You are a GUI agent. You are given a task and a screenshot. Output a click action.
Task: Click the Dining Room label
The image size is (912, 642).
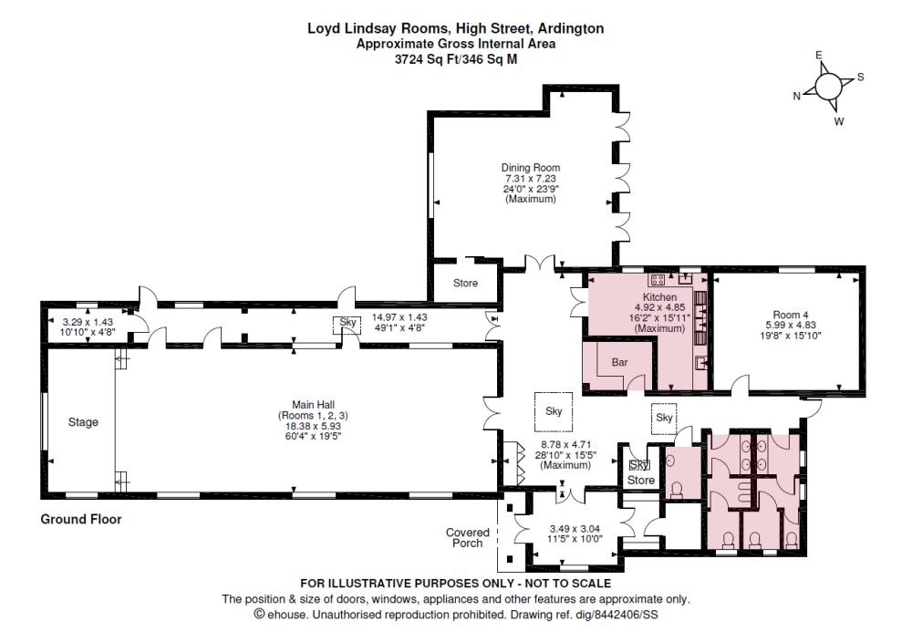[530, 168]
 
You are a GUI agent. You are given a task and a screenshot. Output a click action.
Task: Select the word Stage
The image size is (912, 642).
[83, 422]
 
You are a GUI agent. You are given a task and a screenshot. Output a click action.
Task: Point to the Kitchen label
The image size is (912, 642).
[659, 298]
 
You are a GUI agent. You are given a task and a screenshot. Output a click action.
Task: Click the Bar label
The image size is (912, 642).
[619, 363]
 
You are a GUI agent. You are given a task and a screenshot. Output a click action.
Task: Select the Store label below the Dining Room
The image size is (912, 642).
[465, 284]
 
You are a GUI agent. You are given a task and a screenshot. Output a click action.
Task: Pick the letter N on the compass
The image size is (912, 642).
[796, 96]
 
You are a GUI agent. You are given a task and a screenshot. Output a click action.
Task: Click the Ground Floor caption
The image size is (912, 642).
[80, 520]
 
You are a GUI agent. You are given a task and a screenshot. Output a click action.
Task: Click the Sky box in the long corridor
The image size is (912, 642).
[347, 323]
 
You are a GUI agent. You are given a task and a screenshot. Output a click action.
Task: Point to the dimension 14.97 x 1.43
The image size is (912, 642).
[399, 317]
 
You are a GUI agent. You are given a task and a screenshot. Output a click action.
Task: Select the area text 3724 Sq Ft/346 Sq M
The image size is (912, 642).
[456, 58]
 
